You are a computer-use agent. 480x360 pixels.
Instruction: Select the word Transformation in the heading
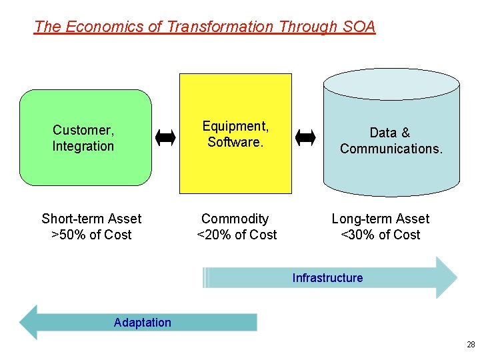[x=220, y=27]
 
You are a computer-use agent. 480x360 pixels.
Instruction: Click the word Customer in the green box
[x=83, y=130]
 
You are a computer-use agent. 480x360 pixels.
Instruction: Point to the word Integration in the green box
[x=83, y=146]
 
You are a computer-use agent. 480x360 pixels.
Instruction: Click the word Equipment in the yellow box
[x=235, y=126]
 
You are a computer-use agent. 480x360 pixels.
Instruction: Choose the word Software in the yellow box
[x=234, y=142]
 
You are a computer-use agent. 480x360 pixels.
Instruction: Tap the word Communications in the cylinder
[x=391, y=149]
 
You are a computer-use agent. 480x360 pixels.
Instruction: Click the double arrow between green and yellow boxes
[x=165, y=138]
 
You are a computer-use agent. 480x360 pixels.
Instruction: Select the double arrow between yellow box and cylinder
[x=306, y=138]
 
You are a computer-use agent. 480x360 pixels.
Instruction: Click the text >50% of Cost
[x=91, y=235]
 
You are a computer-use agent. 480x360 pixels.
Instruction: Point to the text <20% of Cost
[x=237, y=235]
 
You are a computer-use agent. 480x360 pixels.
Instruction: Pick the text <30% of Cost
[x=380, y=235]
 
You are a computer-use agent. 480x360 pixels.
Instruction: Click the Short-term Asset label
[x=91, y=219]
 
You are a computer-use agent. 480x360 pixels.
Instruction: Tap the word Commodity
[x=235, y=219]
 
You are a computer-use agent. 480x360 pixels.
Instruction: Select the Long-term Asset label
[x=380, y=219]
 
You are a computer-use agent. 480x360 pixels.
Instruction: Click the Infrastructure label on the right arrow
[x=327, y=278]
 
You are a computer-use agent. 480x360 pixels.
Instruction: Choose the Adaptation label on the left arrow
[x=142, y=323]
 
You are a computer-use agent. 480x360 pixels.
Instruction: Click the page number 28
[x=471, y=345]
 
